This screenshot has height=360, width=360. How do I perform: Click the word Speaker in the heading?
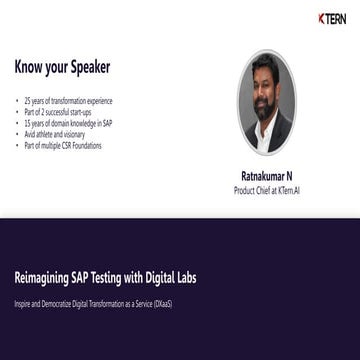point(85,68)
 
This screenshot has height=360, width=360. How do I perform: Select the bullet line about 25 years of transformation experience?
point(70,102)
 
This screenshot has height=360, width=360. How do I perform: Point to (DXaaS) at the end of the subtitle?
point(160,297)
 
